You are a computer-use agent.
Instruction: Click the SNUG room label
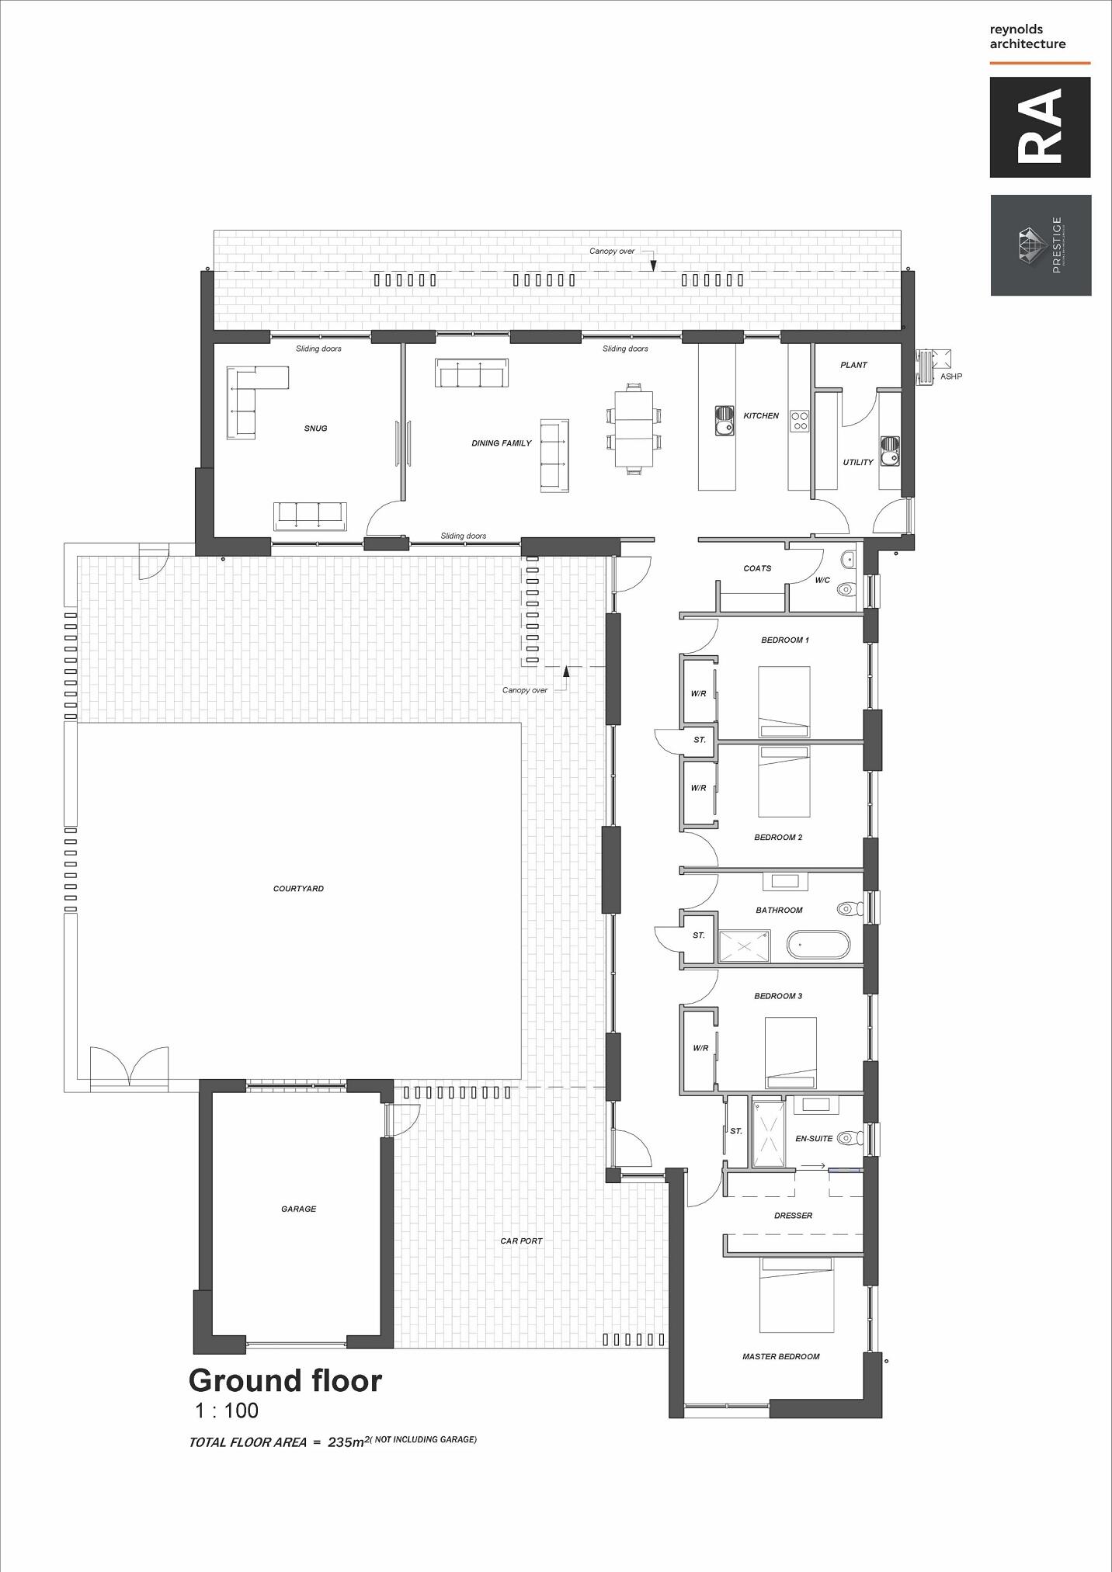click(x=315, y=429)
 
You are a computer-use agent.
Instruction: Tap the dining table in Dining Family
click(x=634, y=428)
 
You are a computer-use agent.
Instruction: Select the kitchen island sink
click(x=724, y=419)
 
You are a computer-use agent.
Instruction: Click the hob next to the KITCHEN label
click(x=800, y=421)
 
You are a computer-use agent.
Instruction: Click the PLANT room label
click(x=853, y=365)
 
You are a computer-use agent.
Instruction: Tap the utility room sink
click(x=890, y=449)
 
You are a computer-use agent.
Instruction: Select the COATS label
click(x=757, y=568)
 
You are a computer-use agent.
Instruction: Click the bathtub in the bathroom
click(x=818, y=946)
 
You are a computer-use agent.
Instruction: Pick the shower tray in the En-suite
click(x=766, y=1132)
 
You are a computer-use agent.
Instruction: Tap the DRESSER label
click(x=793, y=1216)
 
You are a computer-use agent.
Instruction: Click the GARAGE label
click(x=298, y=1209)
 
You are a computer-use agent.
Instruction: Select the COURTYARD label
click(x=298, y=888)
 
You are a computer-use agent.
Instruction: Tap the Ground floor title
click(x=285, y=1380)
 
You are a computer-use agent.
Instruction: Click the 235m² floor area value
click(x=346, y=1442)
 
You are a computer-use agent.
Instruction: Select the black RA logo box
click(x=1040, y=127)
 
